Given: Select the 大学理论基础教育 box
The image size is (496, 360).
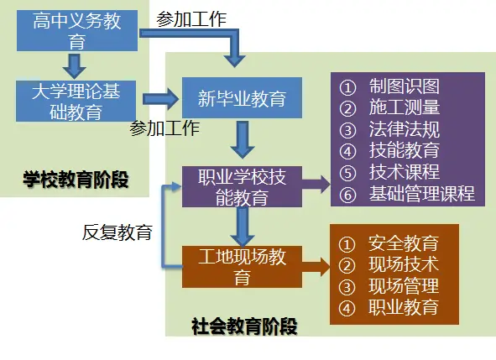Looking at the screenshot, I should tap(76, 101).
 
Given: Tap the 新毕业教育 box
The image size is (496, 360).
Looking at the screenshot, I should tap(242, 99).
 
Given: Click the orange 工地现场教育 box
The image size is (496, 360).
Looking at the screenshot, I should tap(242, 265).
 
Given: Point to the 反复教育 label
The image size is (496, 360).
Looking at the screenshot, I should tap(117, 232).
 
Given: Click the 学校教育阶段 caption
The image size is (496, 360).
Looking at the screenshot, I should tap(76, 179).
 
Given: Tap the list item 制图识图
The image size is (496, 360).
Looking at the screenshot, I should tap(404, 86).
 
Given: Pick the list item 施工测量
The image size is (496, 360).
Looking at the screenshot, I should tap(404, 108).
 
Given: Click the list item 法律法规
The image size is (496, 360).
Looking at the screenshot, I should tap(404, 130).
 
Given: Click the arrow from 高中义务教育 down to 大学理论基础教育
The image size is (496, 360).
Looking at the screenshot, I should tap(76, 65).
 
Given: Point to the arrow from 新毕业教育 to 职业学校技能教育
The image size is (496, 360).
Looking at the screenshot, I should tap(243, 140).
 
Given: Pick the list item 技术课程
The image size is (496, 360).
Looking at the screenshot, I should tap(404, 173).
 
